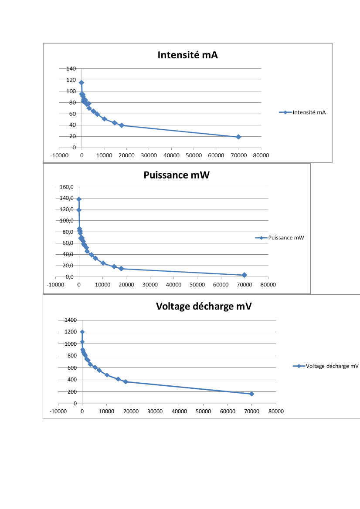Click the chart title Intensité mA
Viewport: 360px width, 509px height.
[x=187, y=55]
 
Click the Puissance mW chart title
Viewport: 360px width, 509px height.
[x=177, y=175]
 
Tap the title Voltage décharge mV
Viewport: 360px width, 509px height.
[x=204, y=306]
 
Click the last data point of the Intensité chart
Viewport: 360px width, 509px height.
[x=238, y=137]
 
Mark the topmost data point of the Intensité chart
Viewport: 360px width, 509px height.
[x=82, y=82]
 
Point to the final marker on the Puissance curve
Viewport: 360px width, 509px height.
[x=245, y=275]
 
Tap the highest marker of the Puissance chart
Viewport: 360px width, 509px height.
[x=79, y=199]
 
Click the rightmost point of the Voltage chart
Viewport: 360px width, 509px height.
[x=251, y=394]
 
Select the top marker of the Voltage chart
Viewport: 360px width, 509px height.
[x=82, y=332]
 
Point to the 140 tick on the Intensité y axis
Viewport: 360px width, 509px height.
[x=71, y=68]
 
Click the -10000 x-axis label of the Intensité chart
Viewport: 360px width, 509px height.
[x=59, y=155]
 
